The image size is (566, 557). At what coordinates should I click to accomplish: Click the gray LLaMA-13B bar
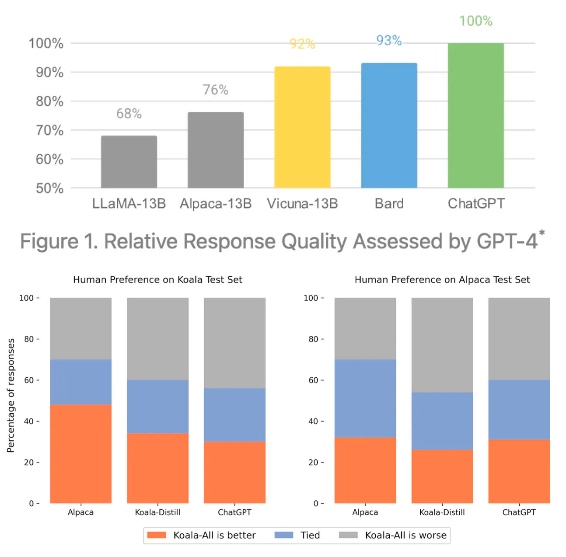pos(129,162)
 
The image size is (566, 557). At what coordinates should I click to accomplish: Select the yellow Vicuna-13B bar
pos(302,127)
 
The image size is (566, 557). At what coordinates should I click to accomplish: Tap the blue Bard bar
pos(389,125)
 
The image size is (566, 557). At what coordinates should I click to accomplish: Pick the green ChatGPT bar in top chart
pos(475,115)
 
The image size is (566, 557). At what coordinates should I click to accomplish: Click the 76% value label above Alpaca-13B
pos(215,90)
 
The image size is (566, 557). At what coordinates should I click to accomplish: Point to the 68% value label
pos(129,114)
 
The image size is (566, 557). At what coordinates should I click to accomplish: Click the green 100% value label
pos(475,21)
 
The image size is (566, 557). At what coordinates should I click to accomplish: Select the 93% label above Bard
pos(389,41)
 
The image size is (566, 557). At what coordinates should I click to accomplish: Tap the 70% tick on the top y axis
pos(49,130)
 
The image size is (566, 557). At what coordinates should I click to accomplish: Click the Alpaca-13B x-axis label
pos(216,204)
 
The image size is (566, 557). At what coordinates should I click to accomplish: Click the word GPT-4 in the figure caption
pos(507,241)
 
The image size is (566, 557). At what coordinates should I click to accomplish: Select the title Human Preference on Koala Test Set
pos(157,280)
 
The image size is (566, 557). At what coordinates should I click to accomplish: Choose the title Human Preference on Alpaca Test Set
pos(442,280)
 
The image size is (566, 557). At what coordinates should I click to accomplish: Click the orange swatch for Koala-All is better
pos(157,535)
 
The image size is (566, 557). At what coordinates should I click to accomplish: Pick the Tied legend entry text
pos(310,535)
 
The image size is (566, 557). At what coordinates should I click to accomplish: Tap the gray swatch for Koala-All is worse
pos(348,535)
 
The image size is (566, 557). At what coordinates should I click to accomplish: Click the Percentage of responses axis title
pos(11,395)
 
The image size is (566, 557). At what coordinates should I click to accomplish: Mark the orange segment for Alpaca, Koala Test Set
pos(81,453)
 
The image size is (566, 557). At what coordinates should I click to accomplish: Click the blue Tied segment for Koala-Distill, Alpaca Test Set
pos(442,421)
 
